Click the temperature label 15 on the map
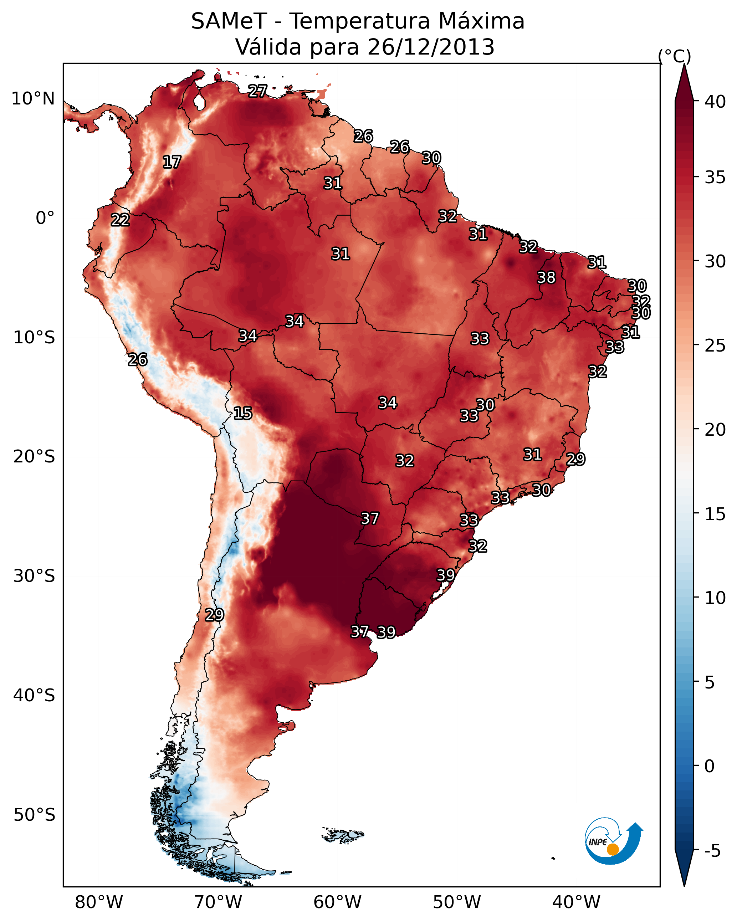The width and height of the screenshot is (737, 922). pyautogui.click(x=242, y=413)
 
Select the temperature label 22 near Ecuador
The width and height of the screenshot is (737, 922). pyautogui.click(x=120, y=220)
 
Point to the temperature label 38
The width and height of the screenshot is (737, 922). pyautogui.click(x=546, y=277)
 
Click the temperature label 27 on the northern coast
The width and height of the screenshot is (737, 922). pyautogui.click(x=257, y=91)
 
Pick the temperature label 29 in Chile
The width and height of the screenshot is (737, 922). pyautogui.click(x=214, y=615)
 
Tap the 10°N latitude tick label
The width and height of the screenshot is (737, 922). pyautogui.click(x=33, y=99)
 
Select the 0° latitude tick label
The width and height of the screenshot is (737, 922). pyautogui.click(x=45, y=218)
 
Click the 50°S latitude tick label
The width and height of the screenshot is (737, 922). pyautogui.click(x=34, y=815)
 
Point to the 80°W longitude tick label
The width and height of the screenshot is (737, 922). pyautogui.click(x=99, y=902)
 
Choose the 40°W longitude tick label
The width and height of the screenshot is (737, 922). pyautogui.click(x=576, y=902)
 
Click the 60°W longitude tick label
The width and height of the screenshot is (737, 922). pyautogui.click(x=338, y=902)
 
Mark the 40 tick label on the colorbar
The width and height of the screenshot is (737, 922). pyautogui.click(x=715, y=102)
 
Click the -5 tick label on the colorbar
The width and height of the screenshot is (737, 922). pyautogui.click(x=712, y=851)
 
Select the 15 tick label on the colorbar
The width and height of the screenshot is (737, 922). pyautogui.click(x=715, y=514)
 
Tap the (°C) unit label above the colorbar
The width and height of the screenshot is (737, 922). pyautogui.click(x=675, y=56)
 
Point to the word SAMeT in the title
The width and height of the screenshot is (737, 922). pyautogui.click(x=229, y=21)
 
